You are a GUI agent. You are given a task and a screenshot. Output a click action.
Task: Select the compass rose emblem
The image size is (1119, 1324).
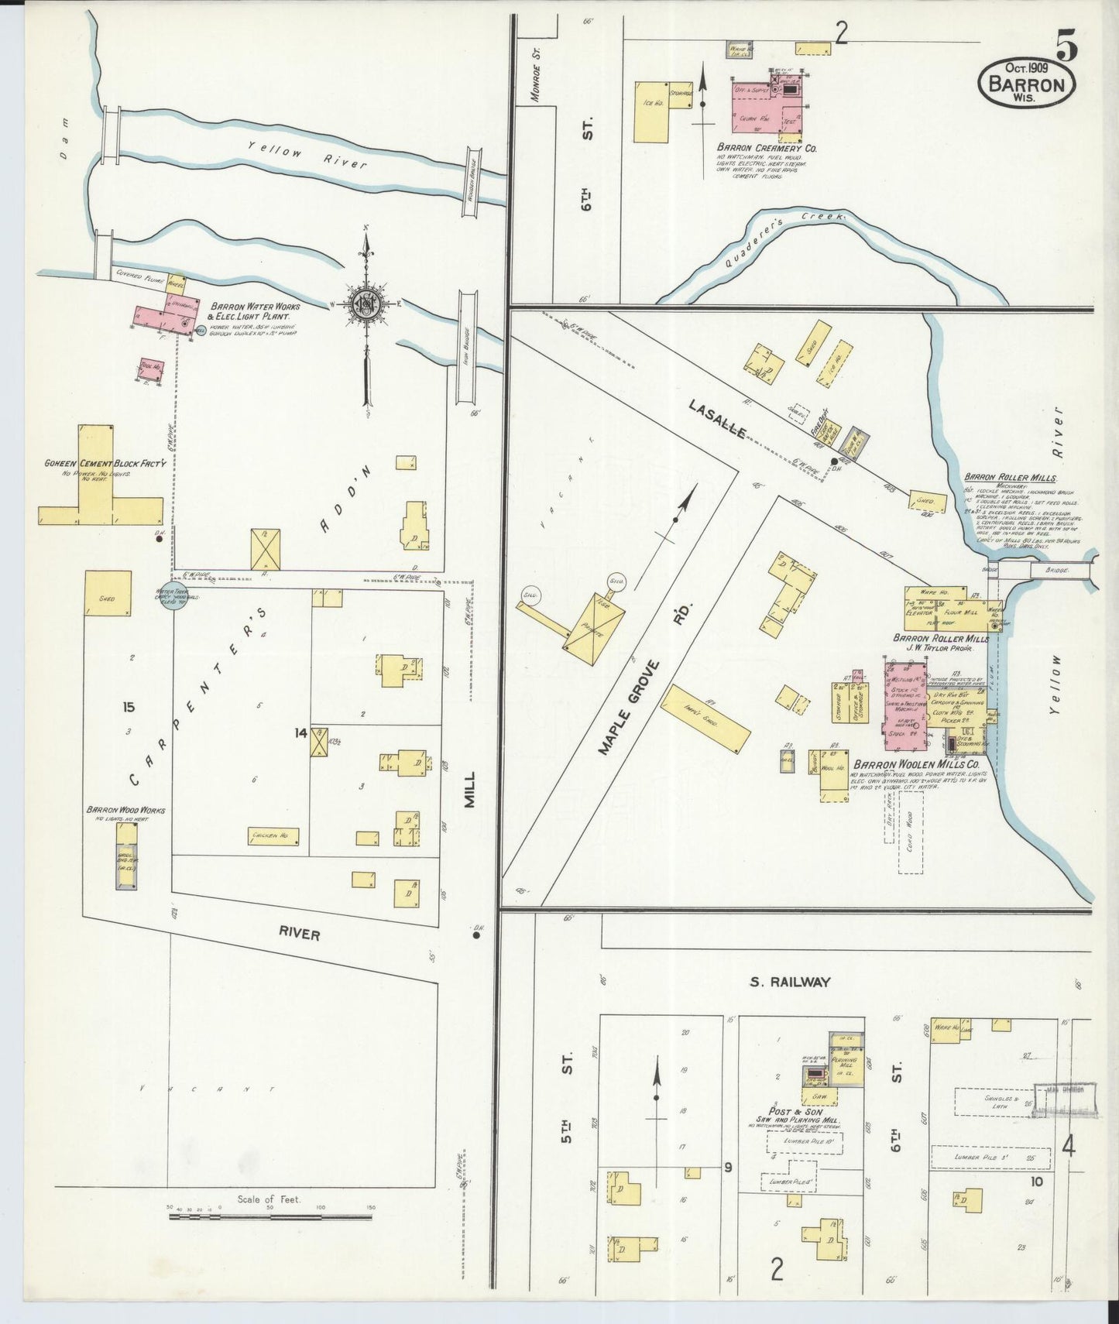pyautogui.click(x=365, y=304)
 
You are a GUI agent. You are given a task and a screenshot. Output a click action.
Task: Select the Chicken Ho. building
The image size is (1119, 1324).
pyautogui.click(x=273, y=836)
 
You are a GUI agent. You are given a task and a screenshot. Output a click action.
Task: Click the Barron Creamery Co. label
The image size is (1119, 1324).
pyautogui.click(x=767, y=147)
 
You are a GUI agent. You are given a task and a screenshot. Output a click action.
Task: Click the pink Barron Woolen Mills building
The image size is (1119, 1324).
pyautogui.click(x=904, y=706)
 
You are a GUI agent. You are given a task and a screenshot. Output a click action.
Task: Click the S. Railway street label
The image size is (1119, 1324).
pyautogui.click(x=789, y=982)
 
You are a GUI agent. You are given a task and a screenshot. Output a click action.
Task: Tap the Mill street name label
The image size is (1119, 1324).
pyautogui.click(x=470, y=791)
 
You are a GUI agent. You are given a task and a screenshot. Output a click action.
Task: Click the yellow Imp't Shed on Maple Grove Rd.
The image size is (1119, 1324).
pyautogui.click(x=705, y=719)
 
